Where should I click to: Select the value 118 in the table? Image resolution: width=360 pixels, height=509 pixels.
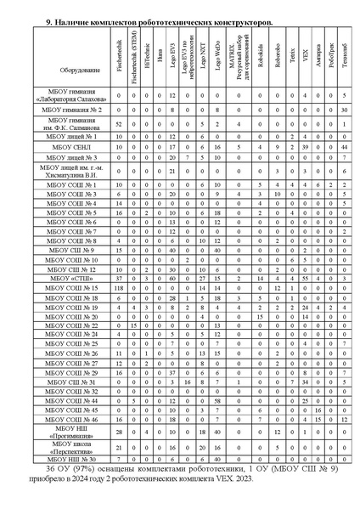point(119,289)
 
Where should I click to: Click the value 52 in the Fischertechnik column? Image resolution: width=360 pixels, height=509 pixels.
point(119,123)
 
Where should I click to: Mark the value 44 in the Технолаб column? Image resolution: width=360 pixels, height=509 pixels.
point(342,147)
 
